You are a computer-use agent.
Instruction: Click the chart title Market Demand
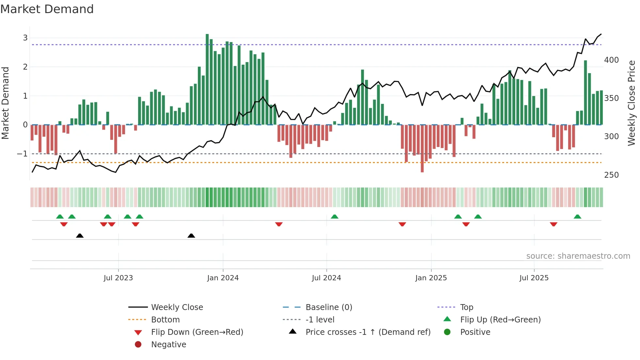[47, 9]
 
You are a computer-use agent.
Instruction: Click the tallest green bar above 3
[207, 78]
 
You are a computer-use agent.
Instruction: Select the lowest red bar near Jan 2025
[422, 149]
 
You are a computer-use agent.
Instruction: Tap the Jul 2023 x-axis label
[118, 278]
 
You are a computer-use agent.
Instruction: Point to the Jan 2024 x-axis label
[223, 278]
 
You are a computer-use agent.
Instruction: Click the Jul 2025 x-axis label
[534, 278]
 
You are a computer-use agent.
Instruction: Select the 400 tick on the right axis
[611, 60]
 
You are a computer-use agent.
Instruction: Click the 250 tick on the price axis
[611, 175]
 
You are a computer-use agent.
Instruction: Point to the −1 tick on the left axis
[22, 154]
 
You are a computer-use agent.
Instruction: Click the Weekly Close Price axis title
[632, 103]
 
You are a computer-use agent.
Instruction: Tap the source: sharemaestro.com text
[578, 256]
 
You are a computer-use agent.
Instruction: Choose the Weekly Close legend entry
[177, 307]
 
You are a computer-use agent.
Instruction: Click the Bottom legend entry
[165, 320]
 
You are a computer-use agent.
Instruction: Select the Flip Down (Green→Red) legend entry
[197, 332]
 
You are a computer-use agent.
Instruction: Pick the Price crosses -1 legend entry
[368, 332]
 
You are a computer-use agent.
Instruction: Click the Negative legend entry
[168, 345]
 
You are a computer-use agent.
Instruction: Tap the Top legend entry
[466, 307]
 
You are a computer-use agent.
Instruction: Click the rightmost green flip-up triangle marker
[577, 217]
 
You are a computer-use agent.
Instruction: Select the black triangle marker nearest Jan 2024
[191, 236]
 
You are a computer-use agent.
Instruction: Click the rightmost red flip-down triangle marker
[553, 224]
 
